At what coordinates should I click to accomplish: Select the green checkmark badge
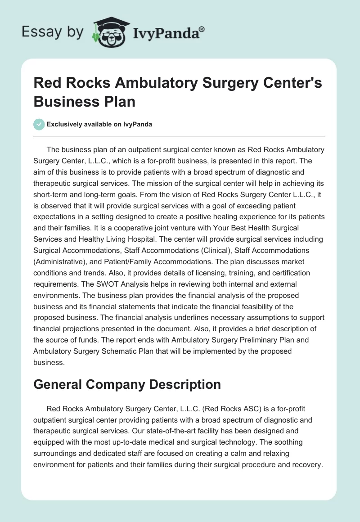click(39, 124)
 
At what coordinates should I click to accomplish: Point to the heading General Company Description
click(127, 384)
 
